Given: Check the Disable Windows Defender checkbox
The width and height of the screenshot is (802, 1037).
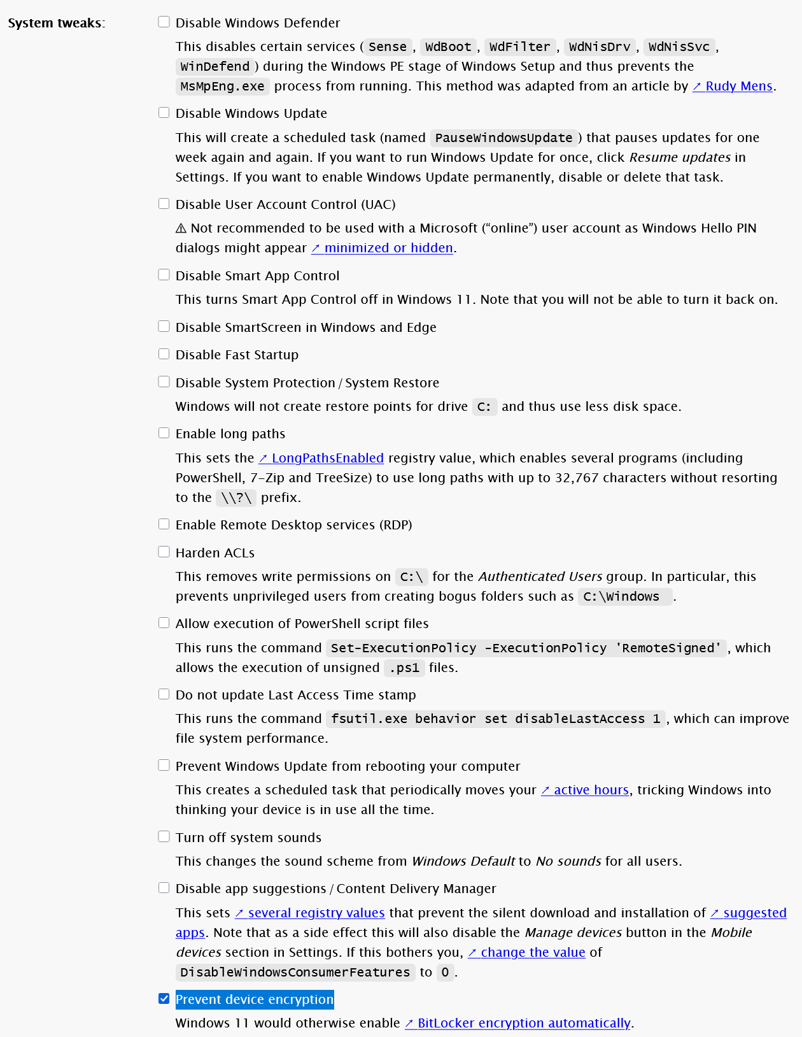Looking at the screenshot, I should click(164, 22).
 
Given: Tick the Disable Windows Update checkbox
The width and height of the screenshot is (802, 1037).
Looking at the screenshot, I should click(164, 113).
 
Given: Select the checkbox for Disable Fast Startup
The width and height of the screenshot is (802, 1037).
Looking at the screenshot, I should click(164, 354).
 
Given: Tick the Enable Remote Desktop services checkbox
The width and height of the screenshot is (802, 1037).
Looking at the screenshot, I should click(164, 524).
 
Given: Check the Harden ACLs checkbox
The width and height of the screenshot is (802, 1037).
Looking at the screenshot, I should click(164, 552).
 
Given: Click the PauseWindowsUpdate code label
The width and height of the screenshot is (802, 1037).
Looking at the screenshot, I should click(503, 138).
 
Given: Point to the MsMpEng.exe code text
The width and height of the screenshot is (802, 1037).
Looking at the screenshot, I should click(222, 86).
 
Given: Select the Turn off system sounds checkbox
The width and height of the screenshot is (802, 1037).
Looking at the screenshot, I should click(164, 837).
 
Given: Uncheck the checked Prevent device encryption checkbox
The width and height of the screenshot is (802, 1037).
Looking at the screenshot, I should click(164, 999).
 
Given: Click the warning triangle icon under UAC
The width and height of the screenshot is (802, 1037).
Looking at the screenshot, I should click(181, 228).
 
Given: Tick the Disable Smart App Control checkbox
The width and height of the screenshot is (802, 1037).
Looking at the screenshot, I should click(164, 275).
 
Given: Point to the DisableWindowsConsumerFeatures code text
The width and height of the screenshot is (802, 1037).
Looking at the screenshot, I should click(295, 973).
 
